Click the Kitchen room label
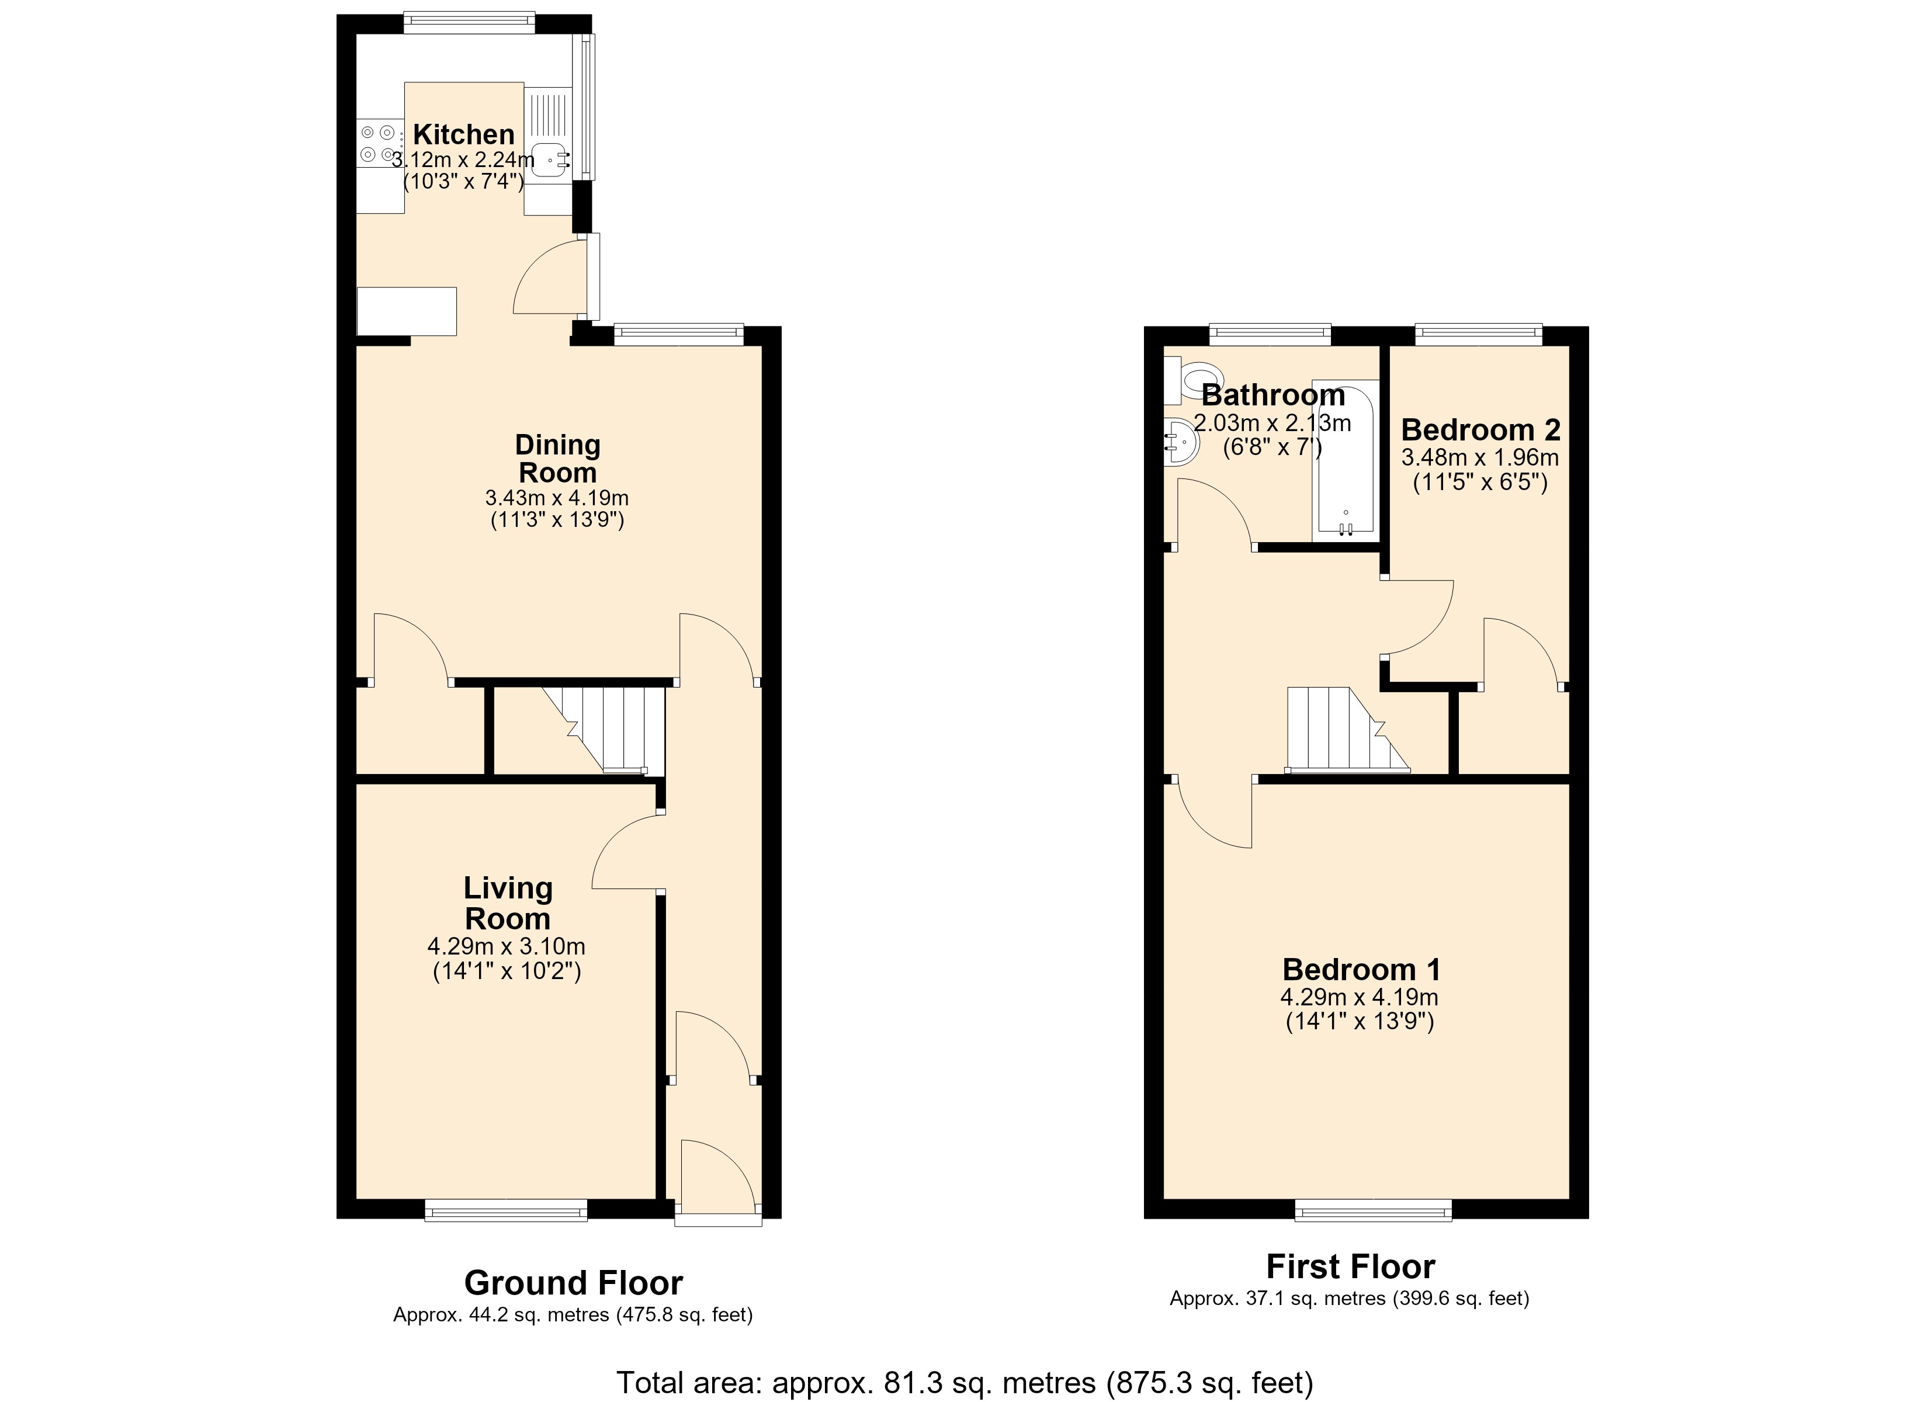463,134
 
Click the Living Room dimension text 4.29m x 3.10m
506,946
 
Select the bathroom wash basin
1180,443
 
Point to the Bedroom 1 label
1361,969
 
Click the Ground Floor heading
573,1282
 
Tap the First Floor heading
1350,1267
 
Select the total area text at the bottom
965,1383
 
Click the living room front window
506,1210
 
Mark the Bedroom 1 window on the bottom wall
1374,1210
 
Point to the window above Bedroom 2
1478,335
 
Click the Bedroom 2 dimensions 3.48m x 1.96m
1480,458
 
